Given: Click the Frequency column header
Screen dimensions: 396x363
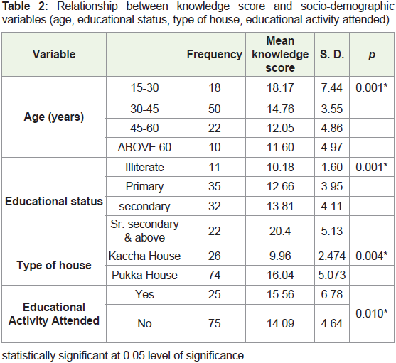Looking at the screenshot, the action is pos(215,55).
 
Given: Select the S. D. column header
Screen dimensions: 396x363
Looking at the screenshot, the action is pos(332,55).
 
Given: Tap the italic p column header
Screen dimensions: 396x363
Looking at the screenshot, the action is pos(372,55).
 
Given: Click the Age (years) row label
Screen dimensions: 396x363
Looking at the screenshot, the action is pos(54,117).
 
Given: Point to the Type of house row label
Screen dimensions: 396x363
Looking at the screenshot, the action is pos(54,266).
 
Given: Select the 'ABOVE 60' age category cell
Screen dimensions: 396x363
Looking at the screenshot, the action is pos(144,147).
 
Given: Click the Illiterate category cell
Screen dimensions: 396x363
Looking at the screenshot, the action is pos(144,167).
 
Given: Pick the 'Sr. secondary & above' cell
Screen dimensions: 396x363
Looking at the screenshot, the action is pos(144,231).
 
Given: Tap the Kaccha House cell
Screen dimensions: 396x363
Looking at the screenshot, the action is pos(144,256).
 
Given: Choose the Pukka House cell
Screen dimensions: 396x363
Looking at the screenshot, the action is pos(144,275).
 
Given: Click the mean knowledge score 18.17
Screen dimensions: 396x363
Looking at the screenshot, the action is pos(280,88).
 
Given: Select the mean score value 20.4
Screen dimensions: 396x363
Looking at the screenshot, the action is pos(280,231).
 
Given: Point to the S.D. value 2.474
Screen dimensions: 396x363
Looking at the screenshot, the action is pos(332,256).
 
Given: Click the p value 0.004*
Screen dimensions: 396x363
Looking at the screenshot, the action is pos(372,256).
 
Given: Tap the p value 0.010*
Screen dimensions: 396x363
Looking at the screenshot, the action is pos(372,313).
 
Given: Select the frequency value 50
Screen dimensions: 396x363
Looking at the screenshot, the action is pos(215,109).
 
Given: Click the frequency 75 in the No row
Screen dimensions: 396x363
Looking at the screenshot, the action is pos(215,324).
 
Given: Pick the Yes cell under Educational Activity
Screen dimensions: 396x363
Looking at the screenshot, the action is pos(144,294).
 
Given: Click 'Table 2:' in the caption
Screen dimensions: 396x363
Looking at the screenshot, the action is pos(25,6).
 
